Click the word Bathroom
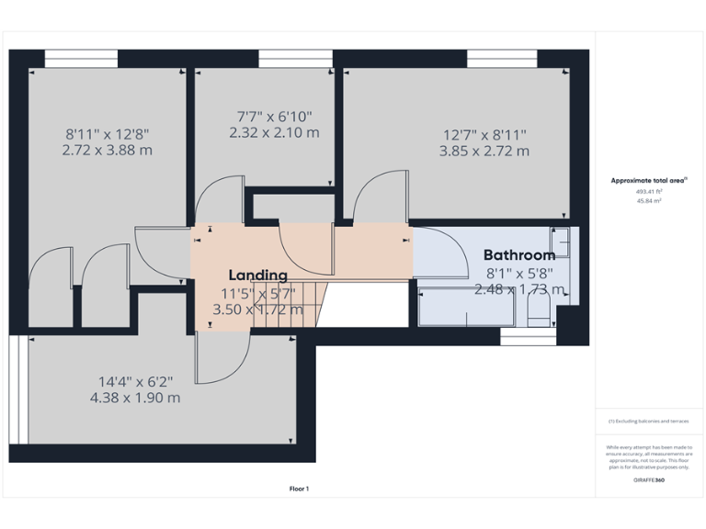coord(519,255)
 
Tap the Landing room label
coord(257,275)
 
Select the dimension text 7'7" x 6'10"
coord(274,117)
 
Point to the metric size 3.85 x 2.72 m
coord(484,151)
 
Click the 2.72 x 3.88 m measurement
coord(107,150)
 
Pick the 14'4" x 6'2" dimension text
coord(135,381)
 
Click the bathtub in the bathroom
coord(465,307)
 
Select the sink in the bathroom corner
coord(561,241)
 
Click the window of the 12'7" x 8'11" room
coord(502,59)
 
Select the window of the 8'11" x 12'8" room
coord(81,59)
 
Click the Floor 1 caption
coord(299,489)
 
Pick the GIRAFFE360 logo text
coord(649,479)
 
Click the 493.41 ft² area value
coord(649,192)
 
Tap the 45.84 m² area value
coord(649,200)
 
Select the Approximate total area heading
coord(648,181)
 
